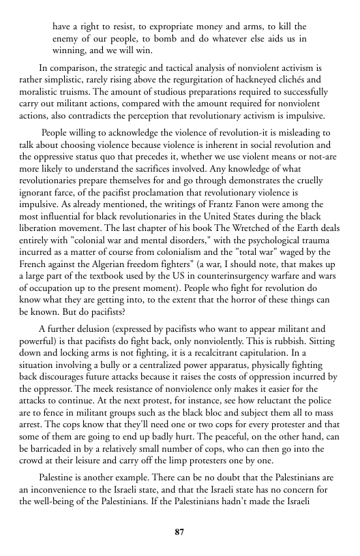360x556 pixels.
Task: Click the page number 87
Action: click(180, 531)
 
